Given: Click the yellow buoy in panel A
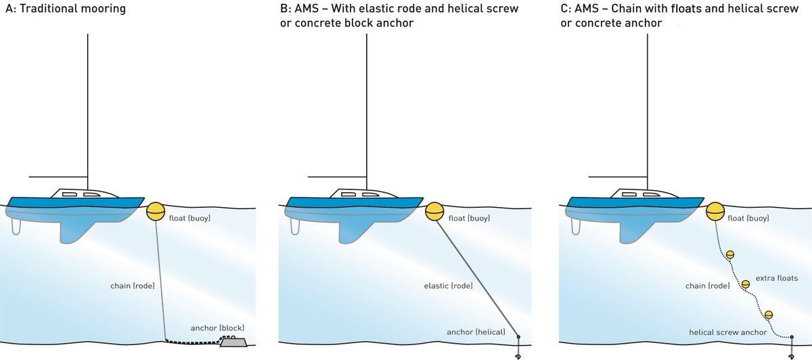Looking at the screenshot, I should (156, 211).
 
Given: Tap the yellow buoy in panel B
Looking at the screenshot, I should (434, 211).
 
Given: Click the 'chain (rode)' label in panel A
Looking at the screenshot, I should (132, 285).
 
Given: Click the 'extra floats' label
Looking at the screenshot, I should (778, 277).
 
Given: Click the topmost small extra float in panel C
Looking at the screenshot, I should (730, 255).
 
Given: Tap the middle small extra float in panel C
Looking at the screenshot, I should (746, 284).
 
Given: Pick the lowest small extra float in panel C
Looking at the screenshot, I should (769, 315).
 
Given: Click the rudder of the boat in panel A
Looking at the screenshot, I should (16, 227).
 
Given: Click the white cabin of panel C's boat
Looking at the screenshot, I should (633, 194).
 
